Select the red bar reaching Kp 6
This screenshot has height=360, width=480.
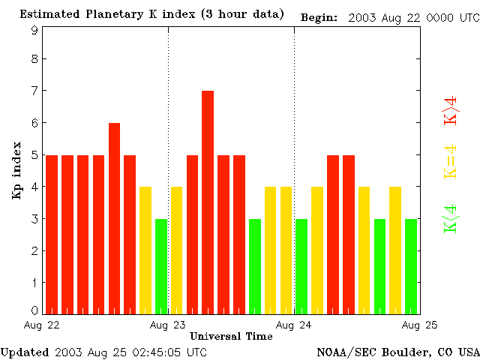tap(114, 217)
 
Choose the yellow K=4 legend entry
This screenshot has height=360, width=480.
tap(451, 162)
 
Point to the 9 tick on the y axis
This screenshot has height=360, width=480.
tap(34, 31)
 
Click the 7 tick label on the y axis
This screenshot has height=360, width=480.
tap(34, 91)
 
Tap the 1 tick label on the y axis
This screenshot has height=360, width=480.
tap(34, 283)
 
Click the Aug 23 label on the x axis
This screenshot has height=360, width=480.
tap(168, 325)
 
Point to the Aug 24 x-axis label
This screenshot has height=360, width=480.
tap(294, 325)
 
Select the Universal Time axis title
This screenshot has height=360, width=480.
tap(231, 336)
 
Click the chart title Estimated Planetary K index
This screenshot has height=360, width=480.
tap(151, 14)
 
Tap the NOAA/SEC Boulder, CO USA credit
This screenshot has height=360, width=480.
tap(397, 352)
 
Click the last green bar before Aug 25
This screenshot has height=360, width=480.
tap(411, 265)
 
